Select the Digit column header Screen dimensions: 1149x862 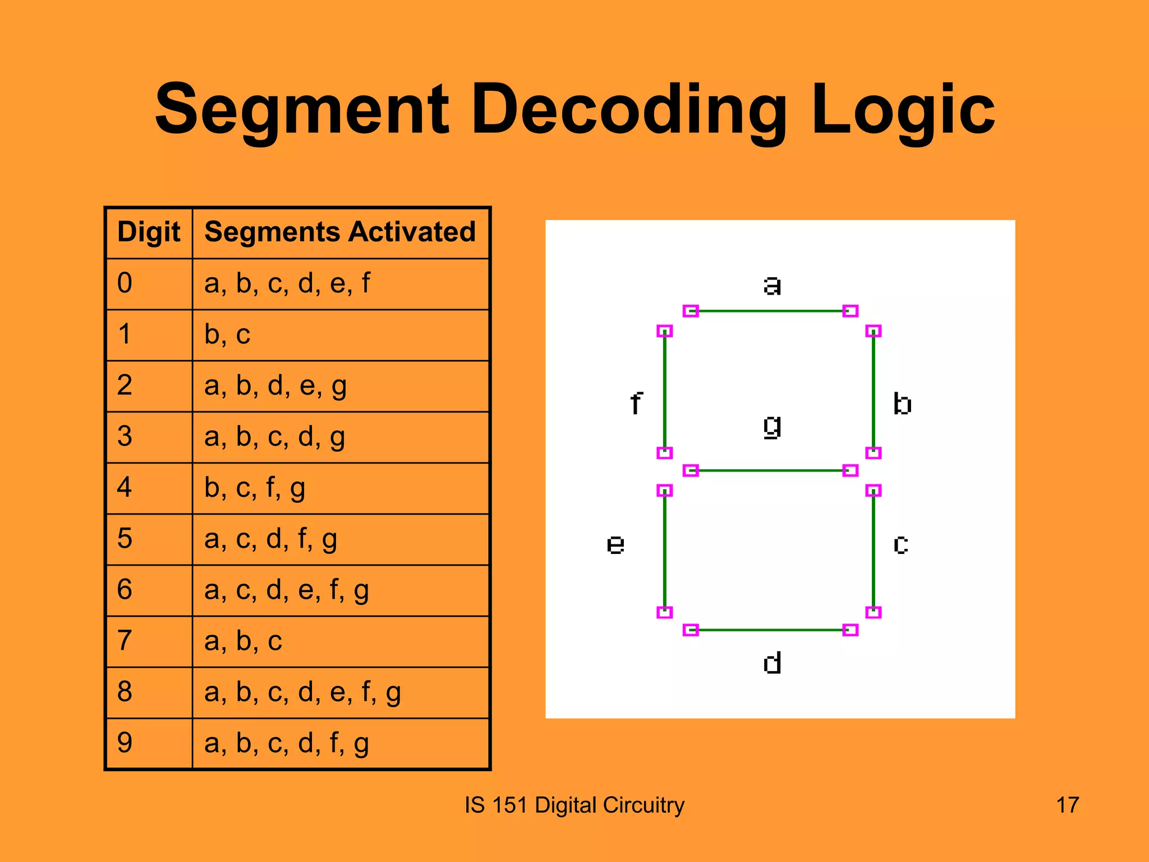tap(149, 232)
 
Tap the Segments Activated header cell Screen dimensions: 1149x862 tap(340, 232)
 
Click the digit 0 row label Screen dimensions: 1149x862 tap(125, 283)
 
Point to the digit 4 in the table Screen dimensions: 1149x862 tap(125, 487)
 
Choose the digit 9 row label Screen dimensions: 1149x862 tap(125, 742)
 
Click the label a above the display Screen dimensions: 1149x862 tap(772, 285)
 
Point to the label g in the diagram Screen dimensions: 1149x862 tap(772, 427)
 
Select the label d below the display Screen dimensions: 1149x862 tap(772, 663)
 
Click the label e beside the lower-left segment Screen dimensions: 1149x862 tap(615, 544)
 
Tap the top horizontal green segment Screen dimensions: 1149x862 tap(770, 311)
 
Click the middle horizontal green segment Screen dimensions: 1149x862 tap(770, 470)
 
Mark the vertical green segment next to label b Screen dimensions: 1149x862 tap(874, 392)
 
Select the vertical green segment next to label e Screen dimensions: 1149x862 tap(665, 551)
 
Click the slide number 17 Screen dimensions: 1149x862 tap(1067, 805)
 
